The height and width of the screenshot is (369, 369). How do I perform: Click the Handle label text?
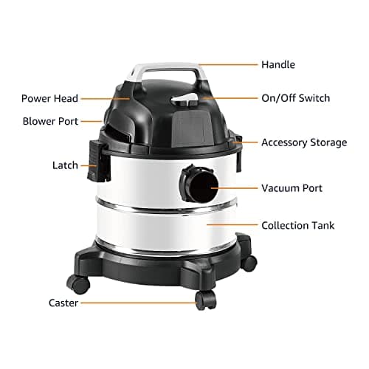pos(278,65)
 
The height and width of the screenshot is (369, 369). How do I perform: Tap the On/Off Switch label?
pos(295,97)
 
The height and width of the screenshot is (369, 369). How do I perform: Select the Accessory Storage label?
pos(303,142)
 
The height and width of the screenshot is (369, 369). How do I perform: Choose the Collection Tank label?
pos(297,224)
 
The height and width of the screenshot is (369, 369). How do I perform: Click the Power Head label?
pos(49,98)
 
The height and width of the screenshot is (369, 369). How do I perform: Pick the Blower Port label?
pos(49,120)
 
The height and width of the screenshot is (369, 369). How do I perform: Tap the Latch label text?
pos(64,165)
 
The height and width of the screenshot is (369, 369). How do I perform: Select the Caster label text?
pos(63,303)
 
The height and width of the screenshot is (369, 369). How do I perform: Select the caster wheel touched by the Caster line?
pos(205,300)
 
